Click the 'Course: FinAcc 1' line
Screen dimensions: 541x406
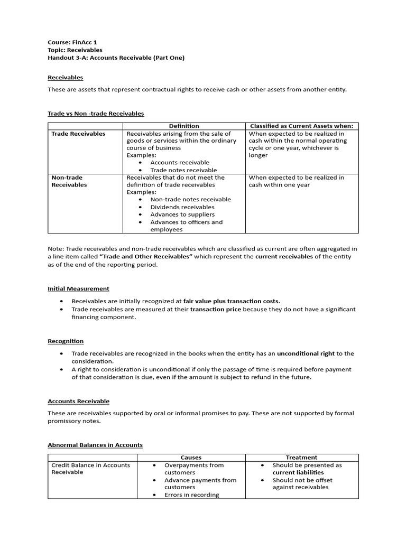pyautogui.click(x=72, y=42)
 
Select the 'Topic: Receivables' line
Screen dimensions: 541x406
pyautogui.click(x=75, y=50)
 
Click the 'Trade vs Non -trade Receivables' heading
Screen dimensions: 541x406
pyautogui.click(x=96, y=114)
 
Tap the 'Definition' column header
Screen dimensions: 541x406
pyautogui.click(x=184, y=126)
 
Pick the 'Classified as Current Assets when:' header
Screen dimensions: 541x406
pyautogui.click(x=301, y=126)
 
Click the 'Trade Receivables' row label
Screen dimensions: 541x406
pyautogui.click(x=78, y=134)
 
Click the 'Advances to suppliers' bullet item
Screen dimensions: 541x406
pyautogui.click(x=182, y=214)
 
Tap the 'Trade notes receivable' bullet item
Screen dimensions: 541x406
pyautogui.click(x=183, y=170)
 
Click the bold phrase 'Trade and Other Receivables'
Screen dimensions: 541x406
pyautogui.click(x=145, y=256)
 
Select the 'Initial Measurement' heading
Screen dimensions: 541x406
pyautogui.click(x=79, y=288)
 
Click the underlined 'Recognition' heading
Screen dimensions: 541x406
pyautogui.click(x=66, y=341)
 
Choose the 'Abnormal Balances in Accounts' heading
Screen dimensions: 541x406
pyautogui.click(x=95, y=445)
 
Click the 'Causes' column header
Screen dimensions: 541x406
pyautogui.click(x=191, y=458)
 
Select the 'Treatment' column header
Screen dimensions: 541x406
pyautogui.click(x=301, y=458)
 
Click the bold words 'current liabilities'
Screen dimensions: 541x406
pyautogui.click(x=298, y=472)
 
